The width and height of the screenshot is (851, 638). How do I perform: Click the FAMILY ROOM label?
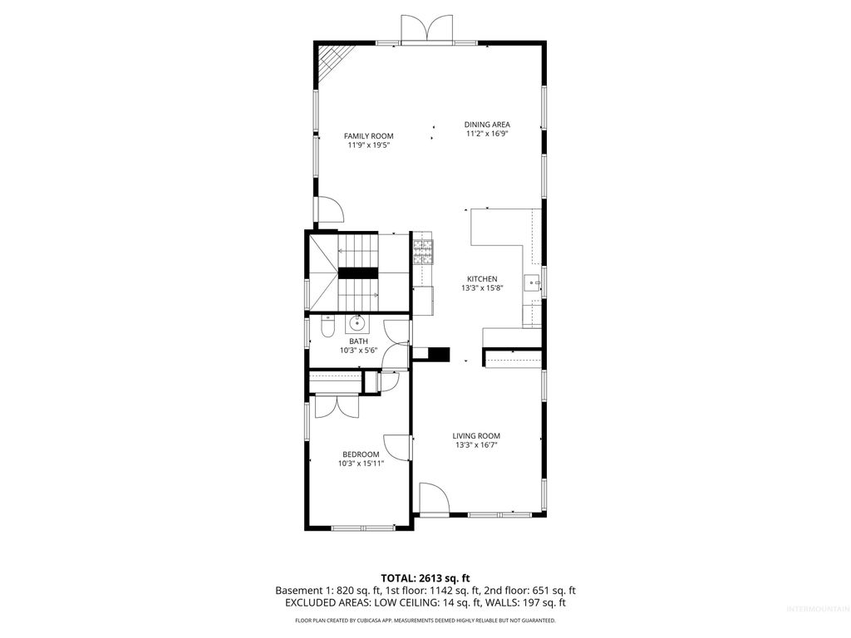(x=369, y=136)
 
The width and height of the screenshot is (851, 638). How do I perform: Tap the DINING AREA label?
(x=487, y=125)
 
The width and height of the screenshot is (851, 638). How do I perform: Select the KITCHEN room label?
(x=481, y=279)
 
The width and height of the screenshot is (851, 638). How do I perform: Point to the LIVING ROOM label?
(x=476, y=436)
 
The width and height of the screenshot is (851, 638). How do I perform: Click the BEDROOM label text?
(x=361, y=454)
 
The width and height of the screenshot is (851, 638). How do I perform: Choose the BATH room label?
(x=358, y=341)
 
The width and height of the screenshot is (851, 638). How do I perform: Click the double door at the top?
(x=425, y=29)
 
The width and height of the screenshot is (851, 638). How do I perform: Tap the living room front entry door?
(x=433, y=500)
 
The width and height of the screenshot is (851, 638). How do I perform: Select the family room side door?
(x=327, y=209)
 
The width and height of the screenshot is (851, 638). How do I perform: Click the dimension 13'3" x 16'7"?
(x=476, y=445)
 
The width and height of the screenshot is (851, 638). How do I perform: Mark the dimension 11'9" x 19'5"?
(x=369, y=145)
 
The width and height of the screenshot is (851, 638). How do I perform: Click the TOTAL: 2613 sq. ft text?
(x=425, y=577)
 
